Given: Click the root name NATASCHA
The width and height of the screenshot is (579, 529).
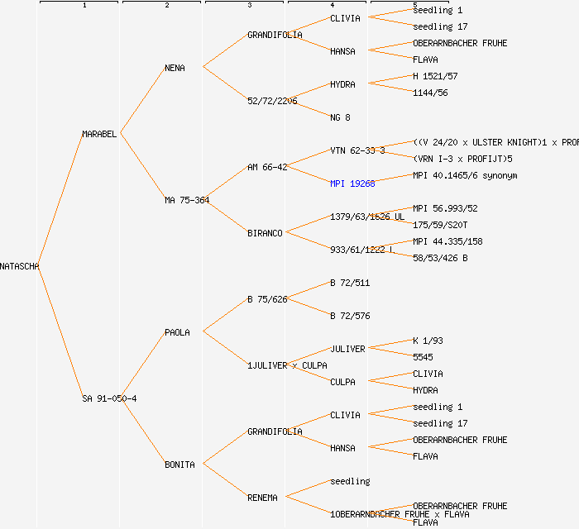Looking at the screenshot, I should click(x=20, y=266).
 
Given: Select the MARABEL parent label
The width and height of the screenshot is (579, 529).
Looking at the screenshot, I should click(x=100, y=134).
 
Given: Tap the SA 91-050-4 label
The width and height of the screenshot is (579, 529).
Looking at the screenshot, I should click(x=109, y=398).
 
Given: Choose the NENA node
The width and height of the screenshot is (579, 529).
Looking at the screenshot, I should click(x=175, y=68).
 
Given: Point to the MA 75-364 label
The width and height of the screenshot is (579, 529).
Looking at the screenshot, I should click(x=187, y=200).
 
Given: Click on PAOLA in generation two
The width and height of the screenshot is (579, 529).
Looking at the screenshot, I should click(x=177, y=332).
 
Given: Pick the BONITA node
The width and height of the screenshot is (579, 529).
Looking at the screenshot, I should click(x=179, y=465).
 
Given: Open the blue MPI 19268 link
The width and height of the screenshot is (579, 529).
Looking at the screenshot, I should click(x=352, y=183).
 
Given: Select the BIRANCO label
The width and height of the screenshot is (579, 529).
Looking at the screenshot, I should click(x=265, y=233).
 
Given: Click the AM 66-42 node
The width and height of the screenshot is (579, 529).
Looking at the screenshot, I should click(x=267, y=167).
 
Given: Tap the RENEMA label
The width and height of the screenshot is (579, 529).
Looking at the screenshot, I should click(x=262, y=498).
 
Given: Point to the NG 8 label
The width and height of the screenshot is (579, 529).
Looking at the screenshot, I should click(x=340, y=117).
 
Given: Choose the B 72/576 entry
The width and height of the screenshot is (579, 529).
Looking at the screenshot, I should click(x=350, y=316).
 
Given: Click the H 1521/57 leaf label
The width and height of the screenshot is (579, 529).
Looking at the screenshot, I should click(x=435, y=76).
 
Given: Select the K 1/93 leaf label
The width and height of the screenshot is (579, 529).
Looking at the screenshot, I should click(x=428, y=341).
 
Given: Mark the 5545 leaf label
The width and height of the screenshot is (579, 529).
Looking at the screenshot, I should click(x=423, y=357).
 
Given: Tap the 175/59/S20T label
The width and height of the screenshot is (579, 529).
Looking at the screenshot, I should click(x=440, y=225).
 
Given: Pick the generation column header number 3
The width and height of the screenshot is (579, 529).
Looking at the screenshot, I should click(x=249, y=6).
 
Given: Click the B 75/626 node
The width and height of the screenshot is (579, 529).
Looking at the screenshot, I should click(x=267, y=299).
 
